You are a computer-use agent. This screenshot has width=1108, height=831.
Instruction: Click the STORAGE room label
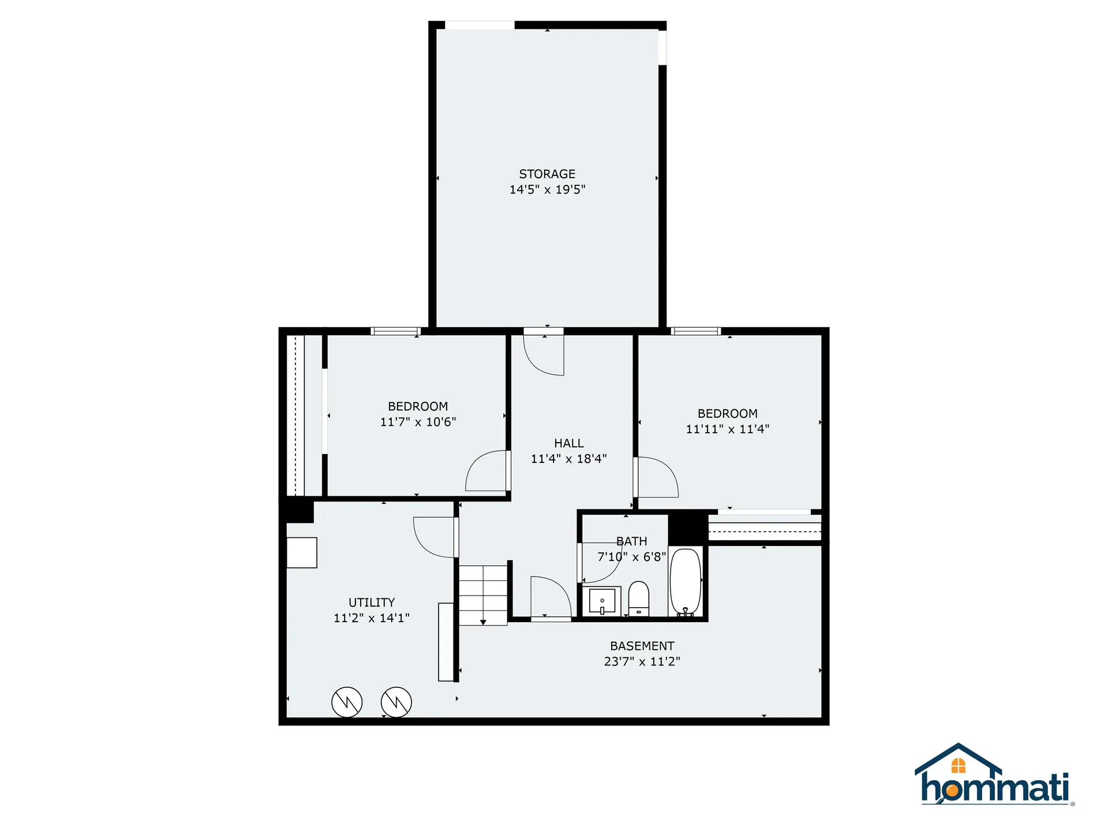pyautogui.click(x=547, y=174)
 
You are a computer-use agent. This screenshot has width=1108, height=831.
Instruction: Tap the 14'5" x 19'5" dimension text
pyautogui.click(x=547, y=189)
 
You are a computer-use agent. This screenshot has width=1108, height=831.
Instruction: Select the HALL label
pyautogui.click(x=568, y=443)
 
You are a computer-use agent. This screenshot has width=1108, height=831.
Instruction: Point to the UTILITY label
pyautogui.click(x=372, y=602)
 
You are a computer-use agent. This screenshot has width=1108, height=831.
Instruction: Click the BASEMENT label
pyautogui.click(x=642, y=646)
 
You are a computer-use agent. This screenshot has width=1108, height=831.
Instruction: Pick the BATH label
pyautogui.click(x=631, y=541)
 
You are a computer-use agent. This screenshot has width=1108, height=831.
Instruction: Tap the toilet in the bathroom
pyautogui.click(x=638, y=599)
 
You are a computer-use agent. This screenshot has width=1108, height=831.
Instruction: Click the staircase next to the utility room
pyautogui.click(x=483, y=594)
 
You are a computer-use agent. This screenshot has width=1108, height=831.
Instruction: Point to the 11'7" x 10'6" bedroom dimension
pyautogui.click(x=418, y=422)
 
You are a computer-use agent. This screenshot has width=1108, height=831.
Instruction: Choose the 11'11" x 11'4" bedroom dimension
pyautogui.click(x=727, y=429)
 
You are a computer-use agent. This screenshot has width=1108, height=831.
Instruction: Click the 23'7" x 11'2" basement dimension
pyautogui.click(x=642, y=661)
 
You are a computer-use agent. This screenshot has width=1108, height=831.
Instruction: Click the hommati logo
pyautogui.click(x=994, y=776)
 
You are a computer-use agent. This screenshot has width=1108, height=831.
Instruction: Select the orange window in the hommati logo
pyautogui.click(x=958, y=766)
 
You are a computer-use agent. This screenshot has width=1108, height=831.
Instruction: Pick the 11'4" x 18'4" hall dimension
pyautogui.click(x=568, y=459)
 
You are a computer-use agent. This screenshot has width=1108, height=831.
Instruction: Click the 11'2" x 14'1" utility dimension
pyautogui.click(x=372, y=618)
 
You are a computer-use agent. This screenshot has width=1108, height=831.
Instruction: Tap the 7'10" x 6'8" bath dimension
pyautogui.click(x=631, y=557)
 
